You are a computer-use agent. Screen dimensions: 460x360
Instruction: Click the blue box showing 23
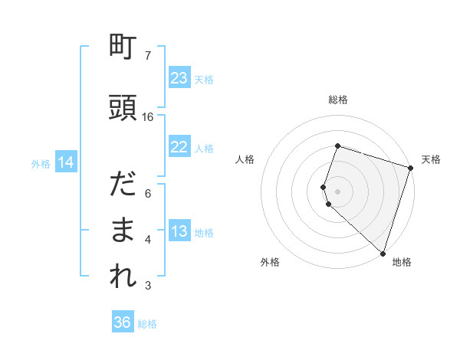coord(179,78)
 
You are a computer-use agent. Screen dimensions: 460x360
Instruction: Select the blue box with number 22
coord(179,148)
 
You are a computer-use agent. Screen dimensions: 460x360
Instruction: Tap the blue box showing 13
coord(179,232)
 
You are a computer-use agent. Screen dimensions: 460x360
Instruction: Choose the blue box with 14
coord(66,162)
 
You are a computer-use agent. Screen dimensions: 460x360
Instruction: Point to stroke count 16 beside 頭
coord(148,116)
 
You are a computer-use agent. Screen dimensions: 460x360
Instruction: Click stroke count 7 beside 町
coord(148,56)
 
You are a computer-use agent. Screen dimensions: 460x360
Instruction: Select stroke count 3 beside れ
coord(148,286)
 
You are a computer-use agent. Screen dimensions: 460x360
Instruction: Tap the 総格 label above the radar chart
coord(338,100)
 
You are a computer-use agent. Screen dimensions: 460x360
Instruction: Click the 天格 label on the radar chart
coord(431,159)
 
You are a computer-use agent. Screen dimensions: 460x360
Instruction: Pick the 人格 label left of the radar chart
coord(245,159)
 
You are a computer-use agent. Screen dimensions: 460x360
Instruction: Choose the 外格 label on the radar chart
coord(270,263)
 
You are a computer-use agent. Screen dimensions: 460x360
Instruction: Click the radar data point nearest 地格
coord(383,253)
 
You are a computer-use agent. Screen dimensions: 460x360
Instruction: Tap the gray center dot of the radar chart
coord(338,191)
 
